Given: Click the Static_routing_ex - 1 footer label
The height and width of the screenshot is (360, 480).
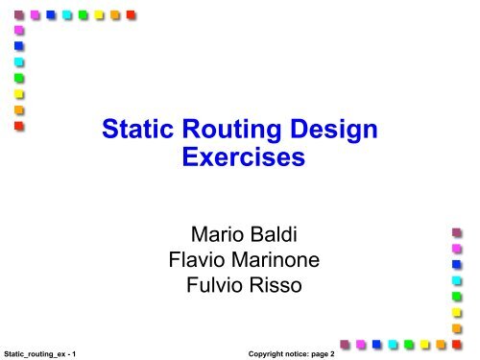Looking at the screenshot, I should point(40,352).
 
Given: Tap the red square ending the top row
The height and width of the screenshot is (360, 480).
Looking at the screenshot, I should point(132,14).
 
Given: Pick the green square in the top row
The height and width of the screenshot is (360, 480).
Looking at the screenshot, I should point(84,14).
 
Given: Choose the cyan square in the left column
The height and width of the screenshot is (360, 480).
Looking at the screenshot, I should point(18,62).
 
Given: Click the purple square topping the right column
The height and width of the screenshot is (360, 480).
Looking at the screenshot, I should point(458,231).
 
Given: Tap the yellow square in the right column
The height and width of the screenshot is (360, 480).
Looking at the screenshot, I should point(458,312).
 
